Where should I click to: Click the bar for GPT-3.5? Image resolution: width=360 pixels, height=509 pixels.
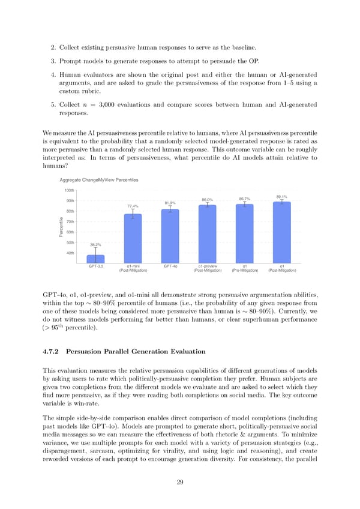95,259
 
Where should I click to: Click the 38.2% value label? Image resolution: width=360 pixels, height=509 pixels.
95,245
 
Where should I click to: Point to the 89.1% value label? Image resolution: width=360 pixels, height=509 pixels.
281,196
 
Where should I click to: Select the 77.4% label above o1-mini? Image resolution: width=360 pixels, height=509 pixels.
133,206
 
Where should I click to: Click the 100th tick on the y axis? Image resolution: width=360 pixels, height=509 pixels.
69,190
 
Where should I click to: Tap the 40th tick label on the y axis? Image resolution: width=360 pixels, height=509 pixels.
70,253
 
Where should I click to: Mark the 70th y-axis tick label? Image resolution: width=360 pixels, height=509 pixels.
70,221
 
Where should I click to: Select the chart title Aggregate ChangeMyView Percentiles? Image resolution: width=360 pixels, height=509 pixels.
99,180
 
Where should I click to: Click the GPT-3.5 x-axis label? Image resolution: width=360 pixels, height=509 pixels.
96,265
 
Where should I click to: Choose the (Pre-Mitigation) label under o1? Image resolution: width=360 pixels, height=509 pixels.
245,270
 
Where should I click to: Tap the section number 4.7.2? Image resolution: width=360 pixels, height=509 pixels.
53,351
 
